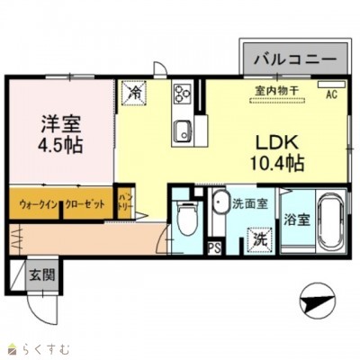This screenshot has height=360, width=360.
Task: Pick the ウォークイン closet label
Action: click(35, 205)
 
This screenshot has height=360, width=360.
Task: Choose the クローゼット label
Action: click(85, 205)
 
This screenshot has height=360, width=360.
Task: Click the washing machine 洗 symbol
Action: click(258, 239)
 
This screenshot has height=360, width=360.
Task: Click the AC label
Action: click(330, 94)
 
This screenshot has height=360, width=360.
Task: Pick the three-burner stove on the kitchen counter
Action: click(183, 94)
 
